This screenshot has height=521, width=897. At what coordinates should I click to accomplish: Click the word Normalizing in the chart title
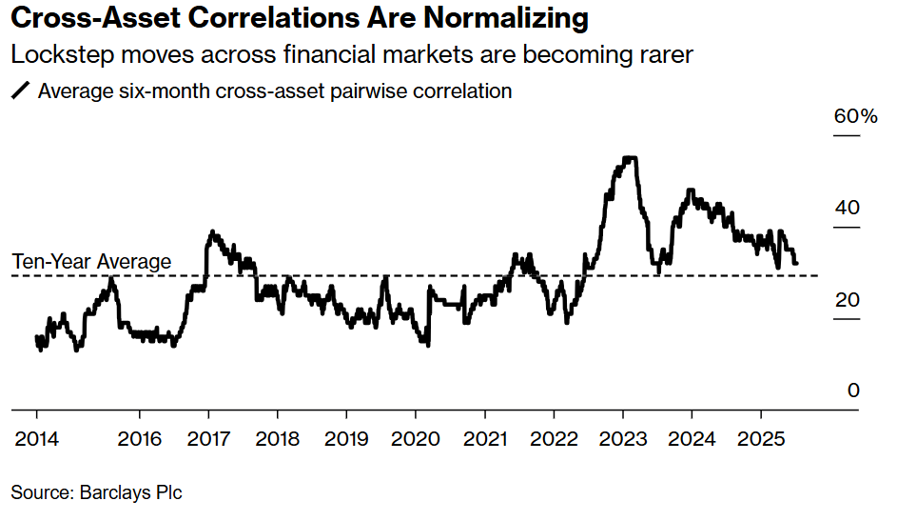[503, 19]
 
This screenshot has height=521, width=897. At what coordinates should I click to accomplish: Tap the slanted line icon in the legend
[19, 92]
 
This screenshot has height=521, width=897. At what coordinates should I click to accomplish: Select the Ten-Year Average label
[91, 261]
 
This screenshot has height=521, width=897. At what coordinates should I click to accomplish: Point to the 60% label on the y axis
[855, 116]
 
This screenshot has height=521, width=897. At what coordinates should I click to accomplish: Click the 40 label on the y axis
[846, 208]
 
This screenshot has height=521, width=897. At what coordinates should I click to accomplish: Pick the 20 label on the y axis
[846, 300]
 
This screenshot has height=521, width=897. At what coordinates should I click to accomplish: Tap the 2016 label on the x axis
[139, 439]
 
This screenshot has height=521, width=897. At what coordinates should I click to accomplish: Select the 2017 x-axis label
[208, 439]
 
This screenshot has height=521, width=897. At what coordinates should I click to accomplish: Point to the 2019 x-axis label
[346, 439]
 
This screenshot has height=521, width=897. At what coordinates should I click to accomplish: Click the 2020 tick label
[416, 439]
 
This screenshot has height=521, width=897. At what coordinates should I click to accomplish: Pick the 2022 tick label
[554, 439]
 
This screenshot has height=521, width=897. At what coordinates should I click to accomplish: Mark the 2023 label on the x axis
[623, 439]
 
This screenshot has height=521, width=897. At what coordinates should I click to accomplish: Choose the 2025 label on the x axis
[761, 439]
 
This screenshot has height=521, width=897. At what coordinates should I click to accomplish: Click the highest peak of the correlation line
[627, 158]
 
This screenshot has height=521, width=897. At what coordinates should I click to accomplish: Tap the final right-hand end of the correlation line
[796, 263]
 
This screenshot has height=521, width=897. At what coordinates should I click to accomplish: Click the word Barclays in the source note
[112, 492]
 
